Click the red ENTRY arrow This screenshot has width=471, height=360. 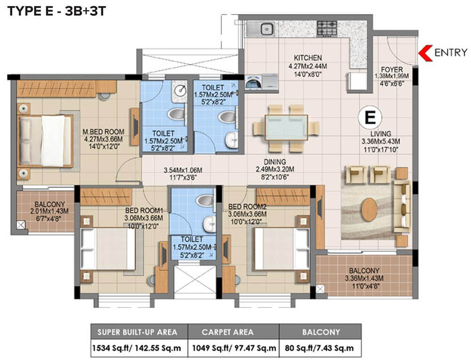click(426, 52)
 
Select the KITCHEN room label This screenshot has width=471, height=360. click(309, 58)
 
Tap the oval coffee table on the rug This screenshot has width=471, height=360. click(371, 208)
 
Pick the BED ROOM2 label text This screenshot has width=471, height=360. click(247, 207)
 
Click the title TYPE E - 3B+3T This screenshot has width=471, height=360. click(56, 11)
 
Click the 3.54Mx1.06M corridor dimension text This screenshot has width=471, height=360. click(183, 170)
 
